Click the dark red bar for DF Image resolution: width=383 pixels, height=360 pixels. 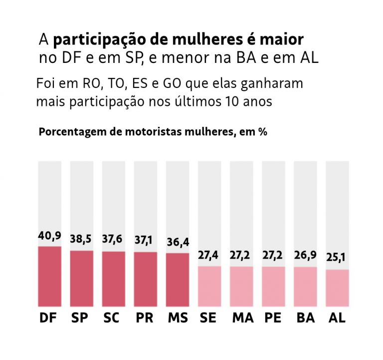coord(49,276)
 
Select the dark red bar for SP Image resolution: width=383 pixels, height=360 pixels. coord(81,278)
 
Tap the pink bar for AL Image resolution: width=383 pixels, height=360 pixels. coord(337,288)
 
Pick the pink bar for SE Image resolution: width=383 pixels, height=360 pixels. coord(209,286)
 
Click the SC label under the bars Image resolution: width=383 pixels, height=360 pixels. coord(113,318)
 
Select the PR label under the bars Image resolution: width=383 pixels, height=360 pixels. coord(145,318)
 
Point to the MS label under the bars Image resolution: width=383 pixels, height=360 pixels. coord(178,318)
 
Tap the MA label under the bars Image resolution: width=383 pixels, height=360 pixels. coord(241,318)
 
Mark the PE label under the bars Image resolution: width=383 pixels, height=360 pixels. coord(273,318)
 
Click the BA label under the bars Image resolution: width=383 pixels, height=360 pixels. coord(305,318)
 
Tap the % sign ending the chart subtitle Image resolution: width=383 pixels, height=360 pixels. coord(262,132)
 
